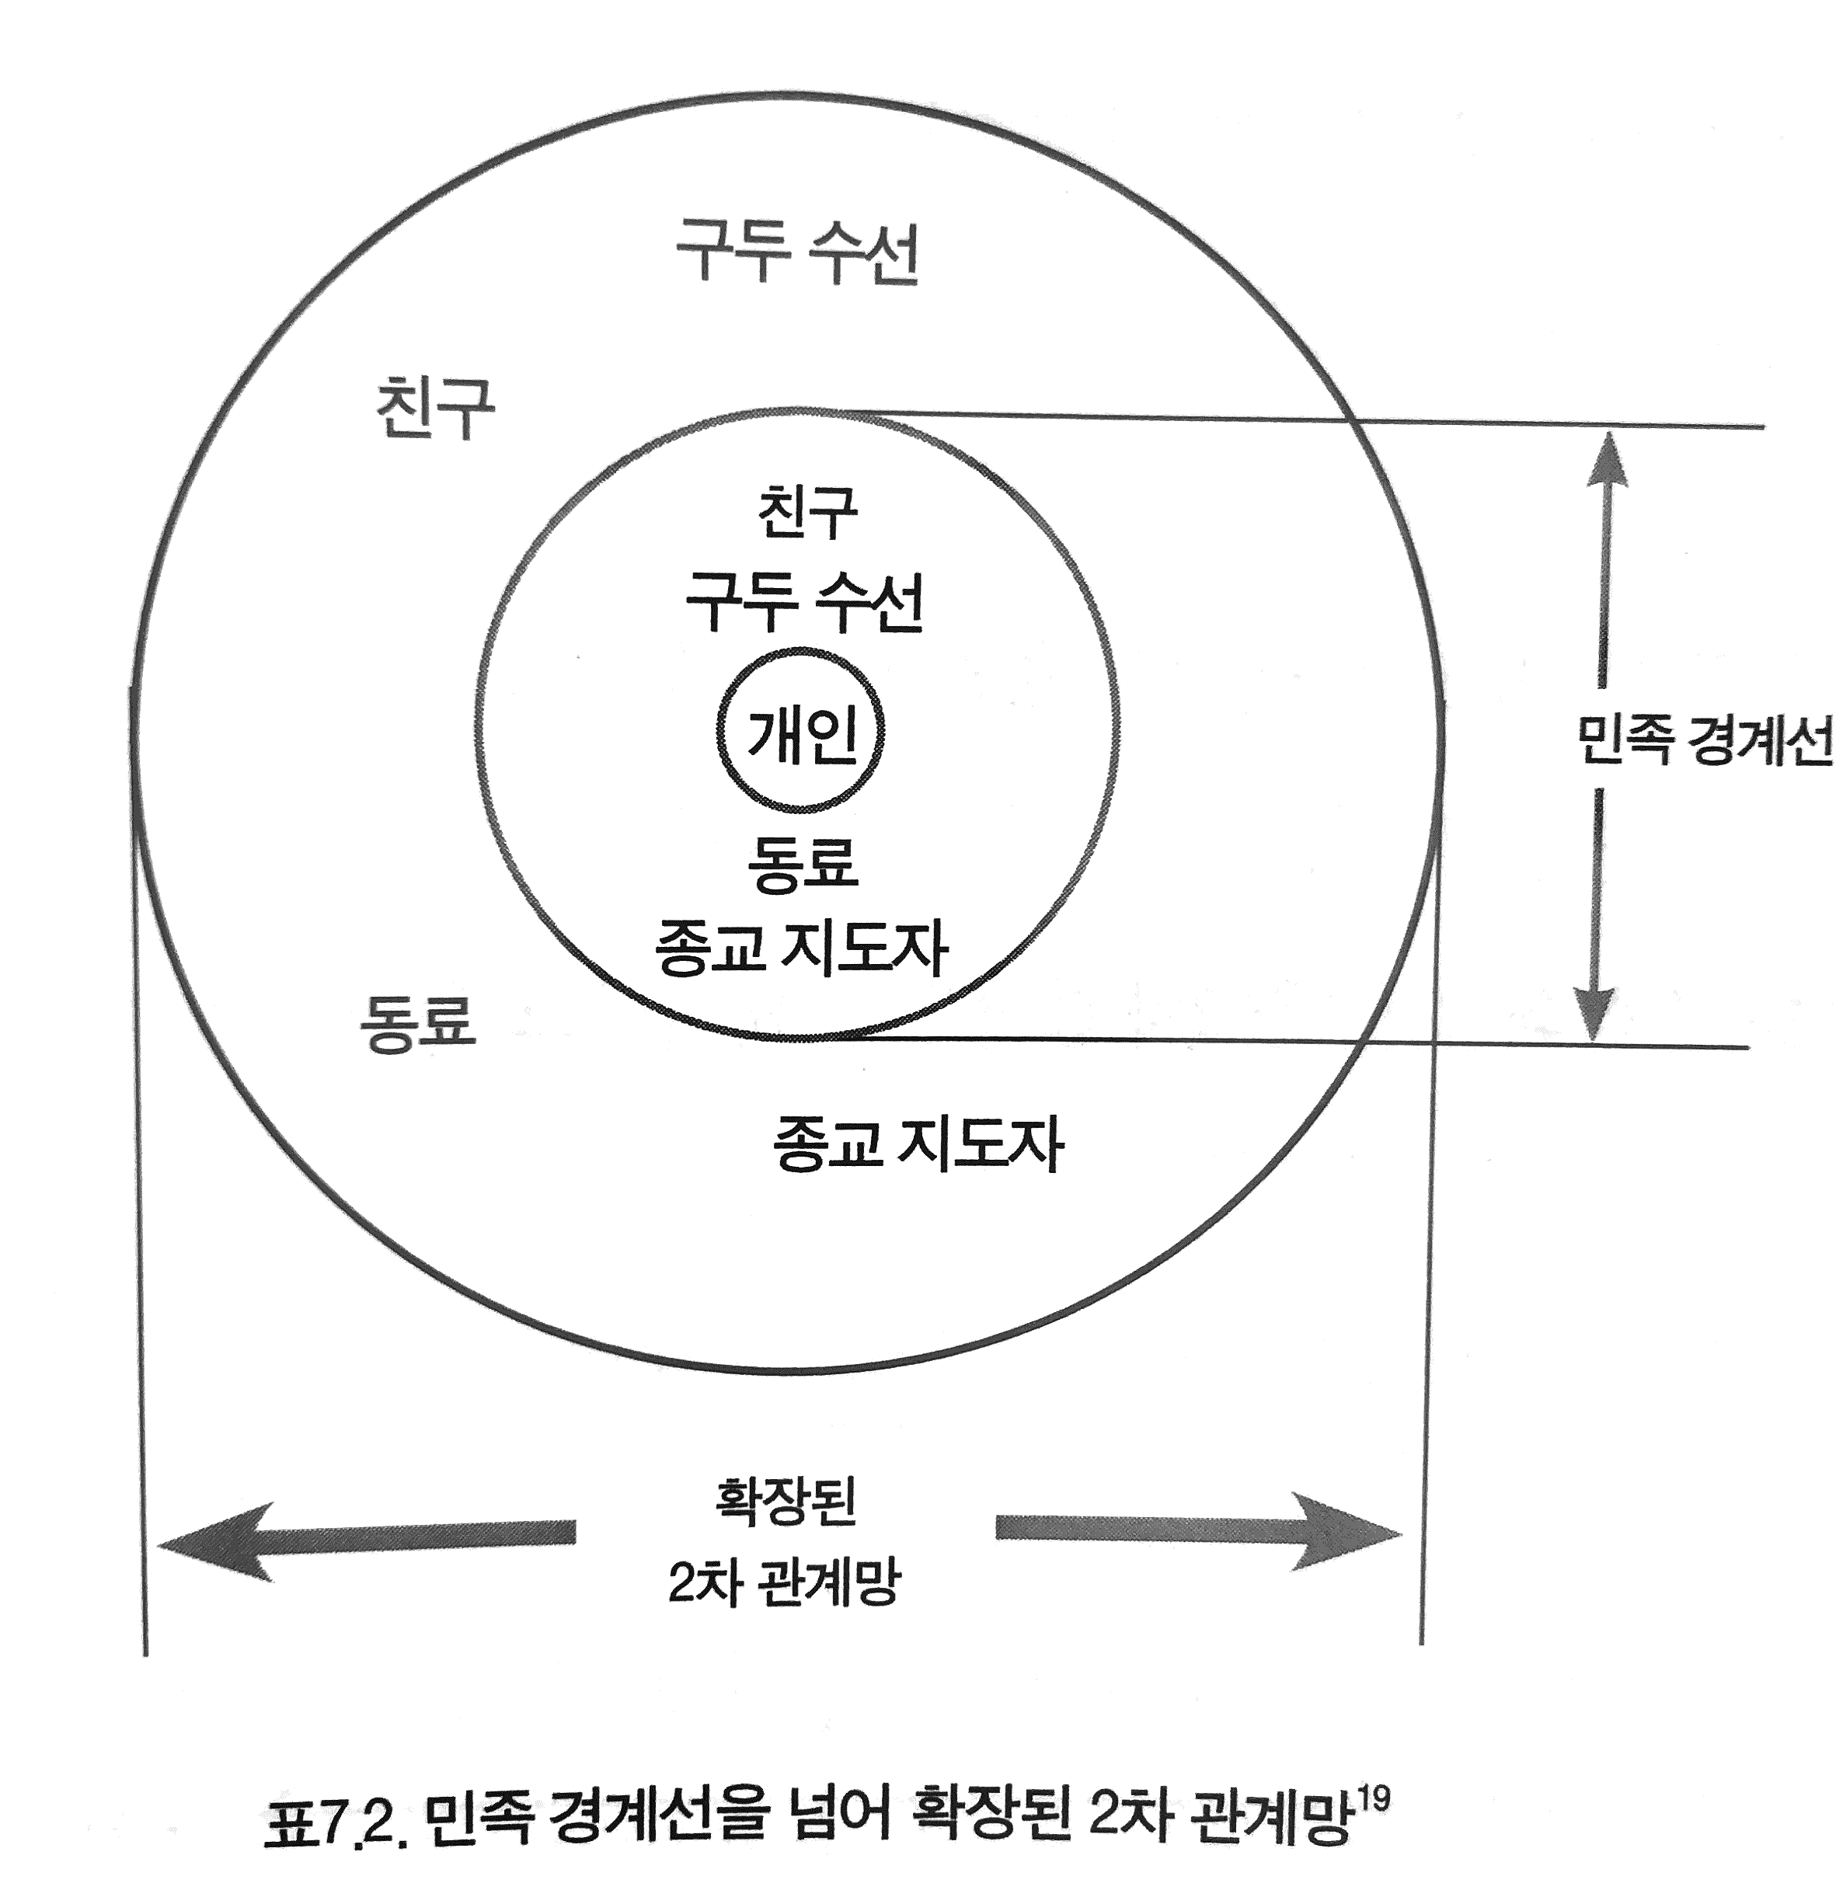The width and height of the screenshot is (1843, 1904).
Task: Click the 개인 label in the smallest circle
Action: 803,734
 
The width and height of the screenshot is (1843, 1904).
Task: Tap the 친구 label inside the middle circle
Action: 807,512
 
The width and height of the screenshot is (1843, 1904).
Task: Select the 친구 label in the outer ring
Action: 434,408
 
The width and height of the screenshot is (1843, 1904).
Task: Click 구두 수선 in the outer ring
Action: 796,252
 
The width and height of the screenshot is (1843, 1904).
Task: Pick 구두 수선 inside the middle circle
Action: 804,602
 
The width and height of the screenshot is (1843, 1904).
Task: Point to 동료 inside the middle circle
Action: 803,861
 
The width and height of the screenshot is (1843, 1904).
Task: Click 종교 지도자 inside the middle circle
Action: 803,947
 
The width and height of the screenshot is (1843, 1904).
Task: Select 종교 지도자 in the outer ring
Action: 918,1144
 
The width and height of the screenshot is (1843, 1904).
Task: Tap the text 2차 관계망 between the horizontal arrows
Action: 785,1582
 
